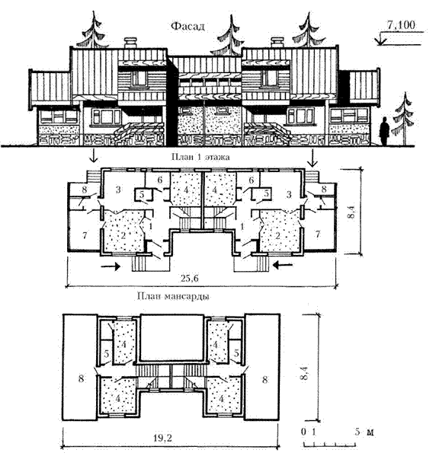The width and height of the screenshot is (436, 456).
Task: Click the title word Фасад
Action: (x=188, y=27)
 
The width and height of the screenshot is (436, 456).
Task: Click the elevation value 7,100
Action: (x=401, y=25)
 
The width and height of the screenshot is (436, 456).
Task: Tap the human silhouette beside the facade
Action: (x=384, y=131)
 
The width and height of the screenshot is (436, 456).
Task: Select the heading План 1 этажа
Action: (x=200, y=157)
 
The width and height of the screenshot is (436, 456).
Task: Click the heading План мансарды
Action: (x=174, y=297)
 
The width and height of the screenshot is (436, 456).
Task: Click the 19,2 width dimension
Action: (x=162, y=438)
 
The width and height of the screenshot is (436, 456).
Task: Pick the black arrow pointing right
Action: (x=111, y=266)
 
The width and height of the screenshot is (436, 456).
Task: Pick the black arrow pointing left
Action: (x=283, y=265)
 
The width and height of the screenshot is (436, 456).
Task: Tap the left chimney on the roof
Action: (x=131, y=43)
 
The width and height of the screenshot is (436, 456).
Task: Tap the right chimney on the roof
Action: (x=277, y=43)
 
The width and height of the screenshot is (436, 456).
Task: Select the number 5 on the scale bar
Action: (x=357, y=432)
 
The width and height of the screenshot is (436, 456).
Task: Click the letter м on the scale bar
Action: (x=370, y=432)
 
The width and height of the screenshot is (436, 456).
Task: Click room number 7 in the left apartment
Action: (x=85, y=235)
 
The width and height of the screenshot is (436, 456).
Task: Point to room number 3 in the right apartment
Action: (x=289, y=194)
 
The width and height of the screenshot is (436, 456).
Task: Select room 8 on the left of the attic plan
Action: (x=81, y=378)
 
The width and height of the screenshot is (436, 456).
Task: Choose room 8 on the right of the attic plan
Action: (x=264, y=380)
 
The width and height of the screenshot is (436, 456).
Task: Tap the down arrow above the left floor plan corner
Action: (x=94, y=155)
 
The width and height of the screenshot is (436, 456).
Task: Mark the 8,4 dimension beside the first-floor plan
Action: (x=352, y=211)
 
